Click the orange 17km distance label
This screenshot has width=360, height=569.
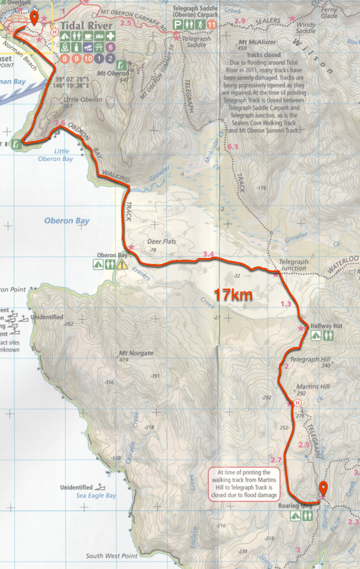coord(234,295)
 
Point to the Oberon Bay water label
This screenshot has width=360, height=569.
coord(67,221)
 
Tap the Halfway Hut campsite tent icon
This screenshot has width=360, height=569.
coord(316,336)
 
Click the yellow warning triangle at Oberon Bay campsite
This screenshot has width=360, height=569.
coord(123,264)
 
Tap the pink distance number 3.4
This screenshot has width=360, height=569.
coord(209,254)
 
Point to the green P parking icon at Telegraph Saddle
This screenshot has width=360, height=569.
coord(178,24)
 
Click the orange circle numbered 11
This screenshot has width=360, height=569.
coord(212,24)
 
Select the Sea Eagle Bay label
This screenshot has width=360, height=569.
coord(94,496)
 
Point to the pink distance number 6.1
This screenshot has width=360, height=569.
coord(233,147)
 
